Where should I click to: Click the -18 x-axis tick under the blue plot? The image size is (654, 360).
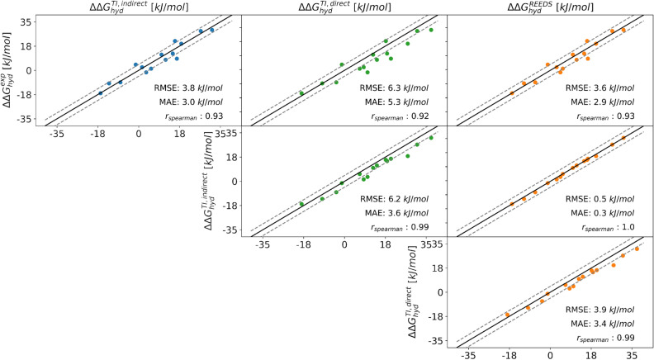coord(97,133)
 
